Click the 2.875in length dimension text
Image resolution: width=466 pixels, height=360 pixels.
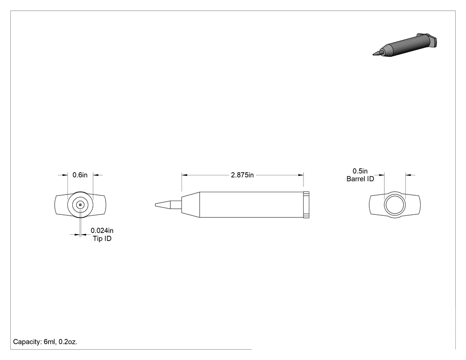pyautogui.click(x=242, y=175)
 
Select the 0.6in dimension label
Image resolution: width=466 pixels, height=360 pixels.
pyautogui.click(x=80, y=175)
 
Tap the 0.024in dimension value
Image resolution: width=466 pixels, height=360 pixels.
pyautogui.click(x=102, y=230)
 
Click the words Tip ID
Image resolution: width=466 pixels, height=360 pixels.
pyautogui.click(x=102, y=238)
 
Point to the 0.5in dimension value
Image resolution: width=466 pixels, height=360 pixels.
pyautogui.click(x=360, y=171)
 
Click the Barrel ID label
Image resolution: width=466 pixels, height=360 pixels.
pyautogui.click(x=360, y=179)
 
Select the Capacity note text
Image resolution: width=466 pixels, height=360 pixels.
pyautogui.click(x=45, y=342)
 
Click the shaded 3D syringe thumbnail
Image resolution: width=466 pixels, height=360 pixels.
pyautogui.click(x=405, y=44)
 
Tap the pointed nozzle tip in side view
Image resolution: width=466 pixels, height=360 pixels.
pyautogui.click(x=162, y=205)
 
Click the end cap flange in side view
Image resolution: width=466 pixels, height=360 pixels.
pyautogui.click(x=306, y=205)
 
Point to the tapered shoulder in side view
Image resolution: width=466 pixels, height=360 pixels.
pyautogui.click(x=190, y=205)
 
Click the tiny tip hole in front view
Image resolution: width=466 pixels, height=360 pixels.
pyautogui.click(x=80, y=205)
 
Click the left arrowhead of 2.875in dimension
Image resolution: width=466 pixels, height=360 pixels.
pyautogui.click(x=184, y=175)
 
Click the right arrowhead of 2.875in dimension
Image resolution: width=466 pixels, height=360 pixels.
pyautogui.click(x=301, y=175)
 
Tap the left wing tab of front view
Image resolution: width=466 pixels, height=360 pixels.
pyautogui.click(x=61, y=205)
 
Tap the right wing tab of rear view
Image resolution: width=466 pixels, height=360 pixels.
pyautogui.click(x=413, y=205)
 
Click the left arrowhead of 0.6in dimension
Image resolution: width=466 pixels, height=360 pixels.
pyautogui.click(x=65, y=175)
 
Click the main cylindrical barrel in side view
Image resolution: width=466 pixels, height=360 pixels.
pyautogui.click(x=252, y=205)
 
